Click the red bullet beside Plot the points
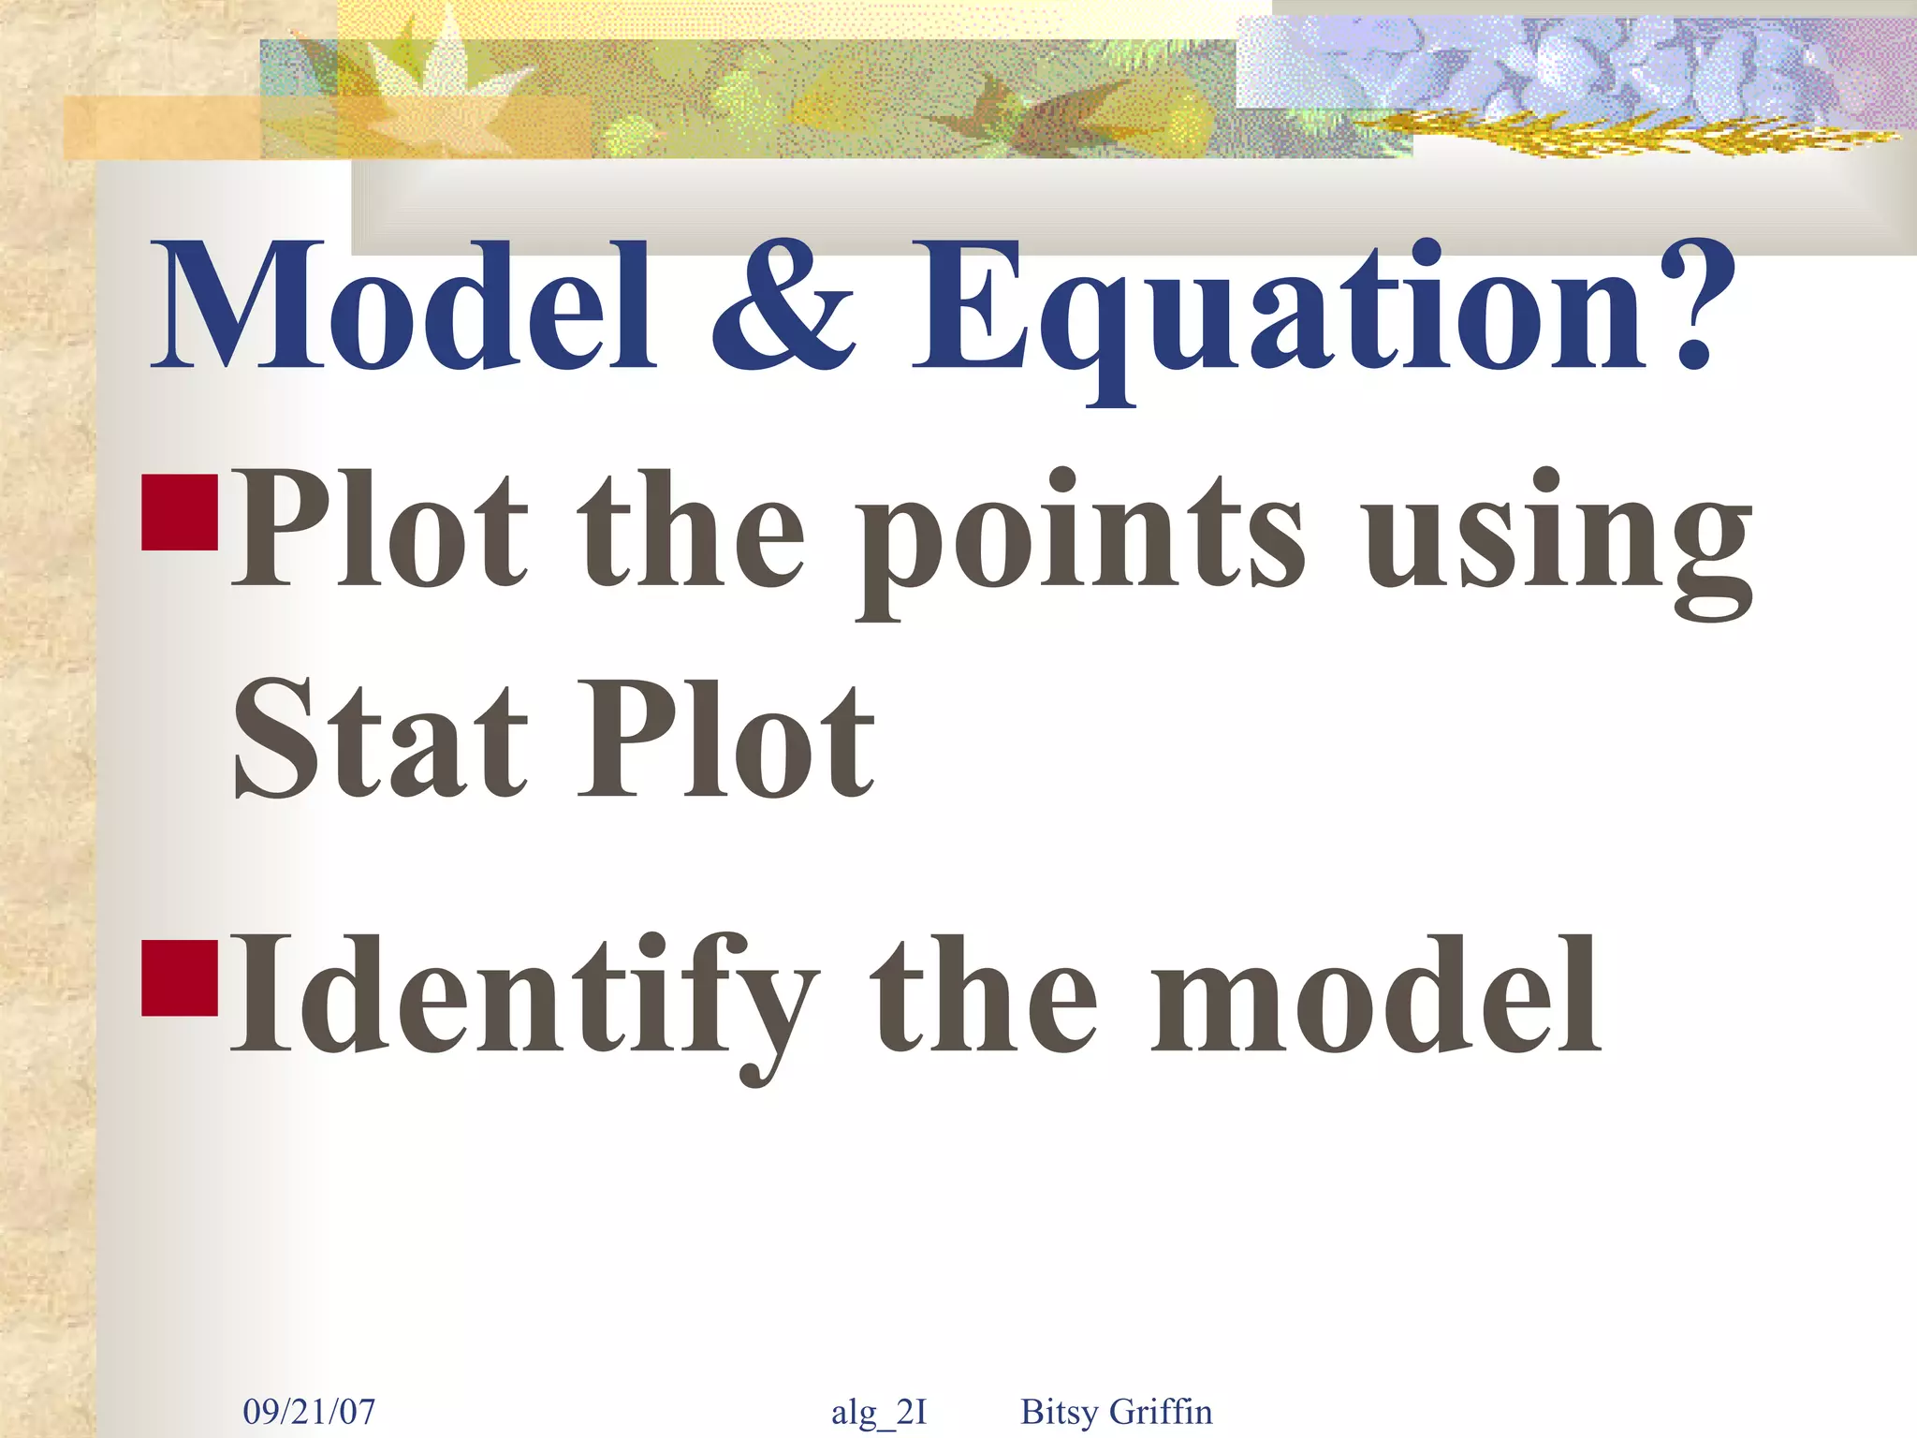pyautogui.click(x=180, y=512)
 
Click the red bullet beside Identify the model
pyautogui.click(x=180, y=977)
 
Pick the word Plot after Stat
pyautogui.click(x=725, y=740)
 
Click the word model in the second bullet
pyautogui.click(x=1376, y=997)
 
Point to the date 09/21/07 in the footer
pyautogui.click(x=309, y=1411)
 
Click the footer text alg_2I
pyautogui.click(x=879, y=1412)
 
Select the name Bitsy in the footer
pyautogui.click(x=1059, y=1412)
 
